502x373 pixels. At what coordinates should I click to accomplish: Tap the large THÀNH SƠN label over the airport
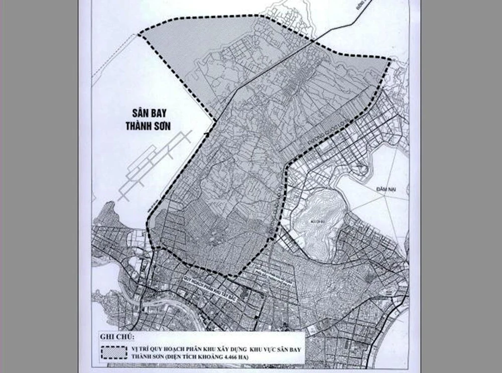pos(149,125)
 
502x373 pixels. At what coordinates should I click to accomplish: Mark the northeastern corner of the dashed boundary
pos(391,61)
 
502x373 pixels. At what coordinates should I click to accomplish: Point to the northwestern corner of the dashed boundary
pos(138,35)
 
